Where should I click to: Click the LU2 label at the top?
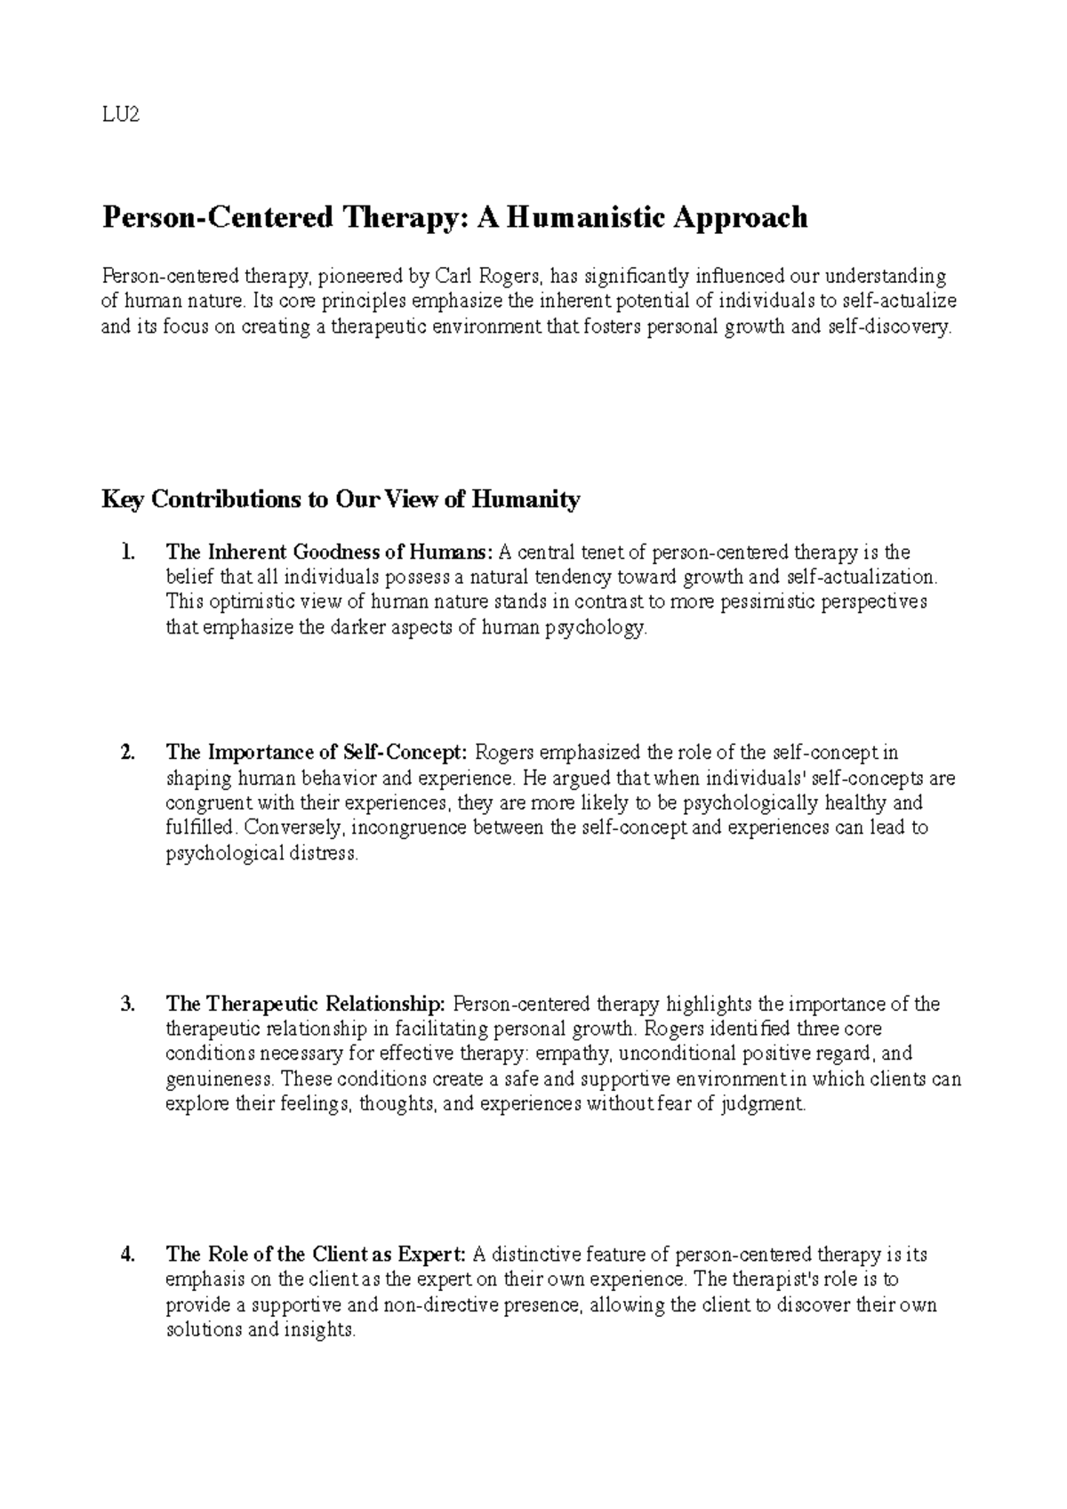click(121, 117)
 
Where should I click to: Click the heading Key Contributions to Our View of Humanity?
click(341, 500)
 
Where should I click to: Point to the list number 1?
click(128, 553)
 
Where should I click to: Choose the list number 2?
click(128, 754)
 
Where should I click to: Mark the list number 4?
click(128, 1255)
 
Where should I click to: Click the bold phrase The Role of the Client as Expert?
click(316, 1255)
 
